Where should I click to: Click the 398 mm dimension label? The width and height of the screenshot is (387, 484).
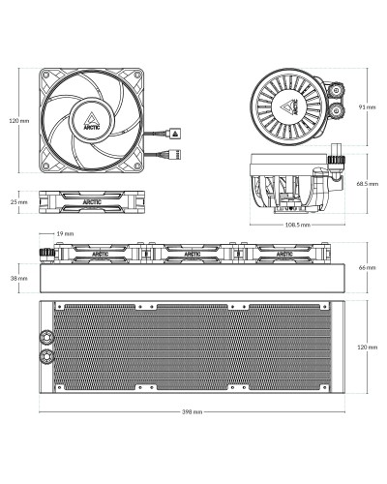click(192, 411)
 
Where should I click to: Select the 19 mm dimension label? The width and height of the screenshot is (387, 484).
click(65, 233)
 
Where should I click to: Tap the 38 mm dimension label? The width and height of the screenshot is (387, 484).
click(18, 278)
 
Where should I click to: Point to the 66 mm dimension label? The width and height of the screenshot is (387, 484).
click(368, 267)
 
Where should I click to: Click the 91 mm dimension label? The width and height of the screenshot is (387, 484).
click(368, 106)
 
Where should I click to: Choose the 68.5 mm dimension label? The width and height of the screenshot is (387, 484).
click(368, 184)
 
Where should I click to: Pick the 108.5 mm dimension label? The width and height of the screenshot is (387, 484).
click(298, 225)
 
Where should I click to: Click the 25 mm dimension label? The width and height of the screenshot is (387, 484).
click(19, 202)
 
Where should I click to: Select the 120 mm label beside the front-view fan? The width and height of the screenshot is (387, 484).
click(19, 121)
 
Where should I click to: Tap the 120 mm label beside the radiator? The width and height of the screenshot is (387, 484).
click(368, 348)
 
